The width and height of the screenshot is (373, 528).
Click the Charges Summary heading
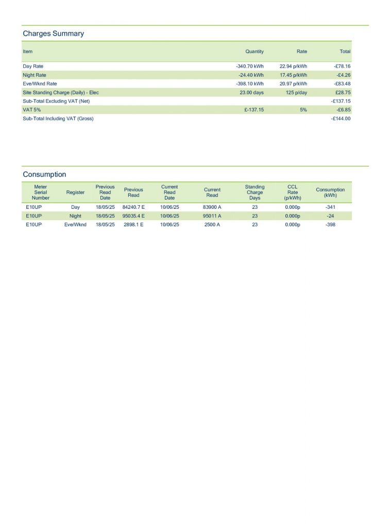53,34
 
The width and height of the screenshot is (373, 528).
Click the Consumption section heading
44,174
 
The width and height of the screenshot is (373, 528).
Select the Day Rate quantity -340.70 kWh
249,67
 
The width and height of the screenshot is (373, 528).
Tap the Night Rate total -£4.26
342,75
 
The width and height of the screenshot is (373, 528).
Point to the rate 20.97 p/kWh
293,84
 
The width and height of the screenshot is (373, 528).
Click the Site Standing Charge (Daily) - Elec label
61,93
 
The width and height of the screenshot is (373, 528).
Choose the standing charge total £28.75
343,93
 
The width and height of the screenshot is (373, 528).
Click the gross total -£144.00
340,119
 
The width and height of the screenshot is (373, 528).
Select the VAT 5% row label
31,110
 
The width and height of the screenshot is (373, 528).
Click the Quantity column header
255,52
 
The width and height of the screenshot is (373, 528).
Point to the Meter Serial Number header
41,192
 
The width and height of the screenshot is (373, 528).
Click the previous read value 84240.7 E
133,207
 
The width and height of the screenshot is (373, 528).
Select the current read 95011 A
212,216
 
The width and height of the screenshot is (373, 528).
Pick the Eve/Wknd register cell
75,225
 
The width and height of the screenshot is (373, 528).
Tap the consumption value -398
330,225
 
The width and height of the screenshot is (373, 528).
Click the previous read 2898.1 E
133,225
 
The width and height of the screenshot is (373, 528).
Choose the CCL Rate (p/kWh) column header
292,192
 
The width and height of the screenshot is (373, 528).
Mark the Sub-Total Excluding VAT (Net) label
56,101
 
